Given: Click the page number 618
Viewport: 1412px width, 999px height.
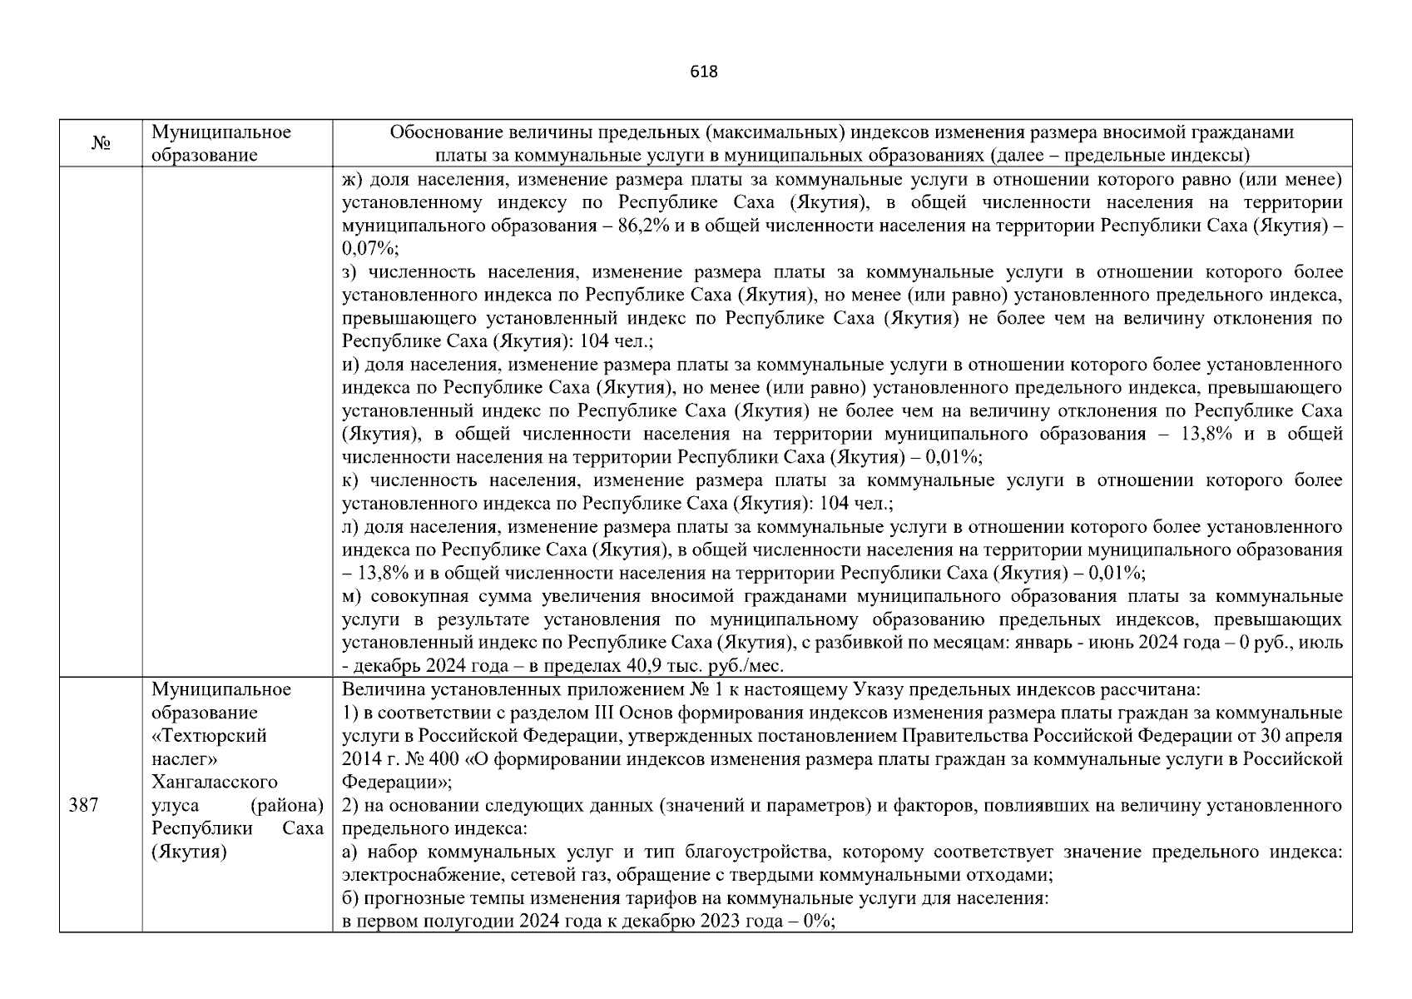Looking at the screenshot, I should point(704,72).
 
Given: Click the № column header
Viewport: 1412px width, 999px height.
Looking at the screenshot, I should point(102,144).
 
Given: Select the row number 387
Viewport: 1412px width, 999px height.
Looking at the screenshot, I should point(83,806).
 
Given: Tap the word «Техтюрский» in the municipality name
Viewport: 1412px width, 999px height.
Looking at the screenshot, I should point(209,736).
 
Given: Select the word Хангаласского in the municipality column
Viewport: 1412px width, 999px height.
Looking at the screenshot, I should point(215,783).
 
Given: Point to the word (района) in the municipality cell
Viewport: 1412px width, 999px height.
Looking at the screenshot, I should point(286,806).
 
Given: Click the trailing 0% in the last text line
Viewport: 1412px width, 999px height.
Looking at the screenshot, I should point(817,922).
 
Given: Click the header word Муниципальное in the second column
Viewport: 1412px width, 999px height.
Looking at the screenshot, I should point(221,132).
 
